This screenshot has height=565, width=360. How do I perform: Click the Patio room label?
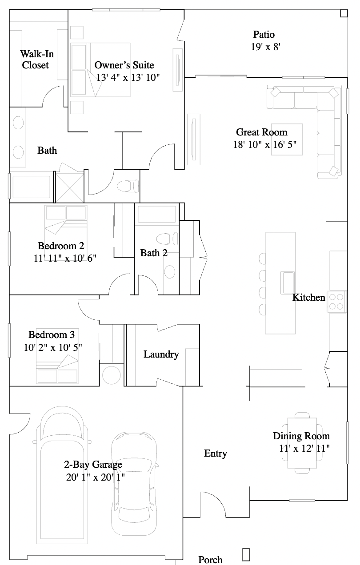pos(264,35)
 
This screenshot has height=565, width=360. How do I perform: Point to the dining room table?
pos(302,443)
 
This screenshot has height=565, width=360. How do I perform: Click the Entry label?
pos(216,454)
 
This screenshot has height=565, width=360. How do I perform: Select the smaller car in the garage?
pos(134,484)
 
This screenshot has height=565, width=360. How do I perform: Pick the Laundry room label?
pos(161,354)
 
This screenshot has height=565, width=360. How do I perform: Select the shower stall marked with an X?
pos(69,187)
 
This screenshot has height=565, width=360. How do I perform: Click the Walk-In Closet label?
pos(35,60)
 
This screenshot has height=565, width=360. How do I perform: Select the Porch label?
pos(210,560)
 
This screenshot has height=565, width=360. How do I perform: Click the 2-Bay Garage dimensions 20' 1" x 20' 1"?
pos(94,477)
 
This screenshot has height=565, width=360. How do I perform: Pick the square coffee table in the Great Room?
pos(287,139)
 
